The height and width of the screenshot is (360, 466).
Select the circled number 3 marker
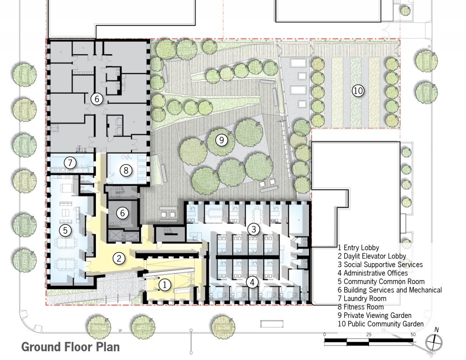pyautogui.click(x=254, y=229)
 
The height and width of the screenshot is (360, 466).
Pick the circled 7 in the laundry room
pyautogui.click(x=70, y=163)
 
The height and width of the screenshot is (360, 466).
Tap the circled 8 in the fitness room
pyautogui.click(x=125, y=170)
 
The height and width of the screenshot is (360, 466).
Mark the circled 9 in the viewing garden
pyautogui.click(x=222, y=139)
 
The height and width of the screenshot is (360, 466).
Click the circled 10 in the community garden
pyautogui.click(x=358, y=90)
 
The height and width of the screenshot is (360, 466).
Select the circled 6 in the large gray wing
pyautogui.click(x=96, y=99)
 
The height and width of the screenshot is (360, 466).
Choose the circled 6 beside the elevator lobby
pyautogui.click(x=122, y=213)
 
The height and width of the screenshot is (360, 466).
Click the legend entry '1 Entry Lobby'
pyautogui.click(x=358, y=248)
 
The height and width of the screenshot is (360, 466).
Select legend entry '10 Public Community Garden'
pyautogui.click(x=381, y=324)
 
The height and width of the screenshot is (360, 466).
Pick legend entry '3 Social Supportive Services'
pyautogui.click(x=380, y=264)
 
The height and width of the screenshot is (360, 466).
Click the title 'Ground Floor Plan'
pyautogui.click(x=70, y=347)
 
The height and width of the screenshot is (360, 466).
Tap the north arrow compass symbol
pyautogui.click(x=434, y=342)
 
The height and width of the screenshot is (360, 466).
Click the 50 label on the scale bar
pyautogui.click(x=412, y=335)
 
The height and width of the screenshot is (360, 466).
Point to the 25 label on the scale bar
pyautogui.click(x=369, y=335)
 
